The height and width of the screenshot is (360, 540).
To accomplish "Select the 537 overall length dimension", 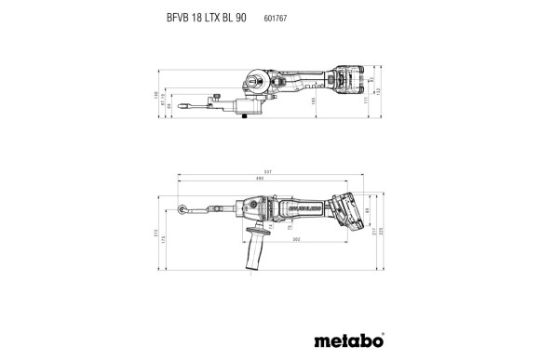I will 270,173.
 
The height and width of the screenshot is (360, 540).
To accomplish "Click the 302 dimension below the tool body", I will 296,240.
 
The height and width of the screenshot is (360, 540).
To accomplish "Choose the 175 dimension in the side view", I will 166,241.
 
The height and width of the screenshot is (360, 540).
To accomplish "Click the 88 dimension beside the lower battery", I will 367,212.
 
